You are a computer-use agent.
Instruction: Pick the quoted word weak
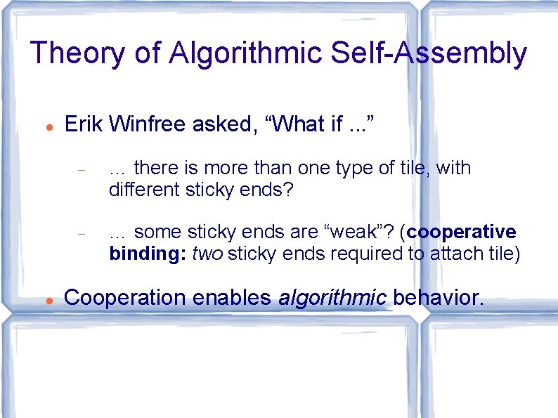pyautogui.click(x=363, y=232)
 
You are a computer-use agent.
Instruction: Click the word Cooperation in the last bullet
pyautogui.click(x=124, y=297)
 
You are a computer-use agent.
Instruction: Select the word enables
pyautogui.click(x=231, y=297)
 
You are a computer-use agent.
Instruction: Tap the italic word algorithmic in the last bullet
pyautogui.click(x=332, y=297)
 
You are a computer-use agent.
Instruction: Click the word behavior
pyautogui.click(x=438, y=297)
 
